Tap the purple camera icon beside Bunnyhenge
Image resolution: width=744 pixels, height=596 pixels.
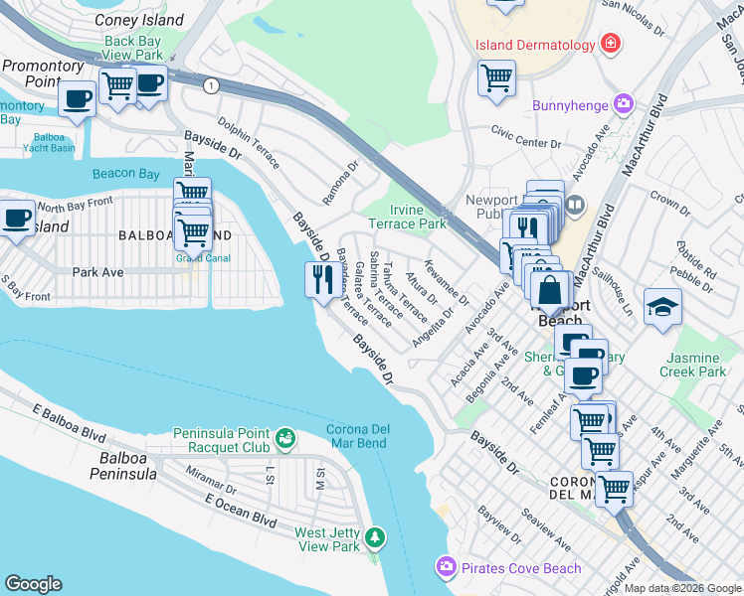pos(624,103)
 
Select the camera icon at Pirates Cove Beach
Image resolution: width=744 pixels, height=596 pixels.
pos(446,567)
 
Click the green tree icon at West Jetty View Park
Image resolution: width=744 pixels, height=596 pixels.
pos(375,538)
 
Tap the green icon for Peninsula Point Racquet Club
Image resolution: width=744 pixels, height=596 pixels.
pos(285,435)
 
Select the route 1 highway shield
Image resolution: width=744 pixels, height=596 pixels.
pos(211,86)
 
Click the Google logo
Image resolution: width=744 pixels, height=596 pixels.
pos(33,583)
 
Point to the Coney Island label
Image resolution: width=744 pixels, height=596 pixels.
pos(138,20)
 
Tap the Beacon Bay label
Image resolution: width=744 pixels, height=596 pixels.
pos(126,174)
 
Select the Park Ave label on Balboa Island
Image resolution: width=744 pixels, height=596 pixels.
pos(97,271)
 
